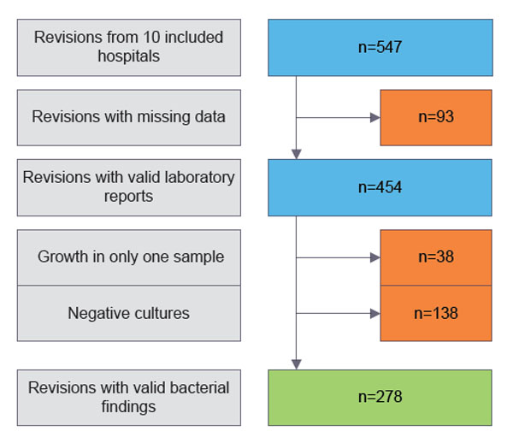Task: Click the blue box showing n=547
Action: [380, 48]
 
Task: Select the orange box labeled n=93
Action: [436, 117]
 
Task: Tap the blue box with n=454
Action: [380, 187]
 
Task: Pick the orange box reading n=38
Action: [436, 257]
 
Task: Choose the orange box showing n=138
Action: [436, 314]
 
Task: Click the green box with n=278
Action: [380, 398]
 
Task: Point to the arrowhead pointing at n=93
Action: [375, 117]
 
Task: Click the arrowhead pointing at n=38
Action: [375, 257]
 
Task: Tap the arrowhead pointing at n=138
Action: [375, 314]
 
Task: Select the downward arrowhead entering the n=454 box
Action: [297, 154]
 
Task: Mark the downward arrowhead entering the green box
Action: [297, 364]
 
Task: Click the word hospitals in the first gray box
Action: [129, 56]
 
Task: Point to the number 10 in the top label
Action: [151, 37]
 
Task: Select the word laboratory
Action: [199, 178]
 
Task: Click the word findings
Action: [128, 407]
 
